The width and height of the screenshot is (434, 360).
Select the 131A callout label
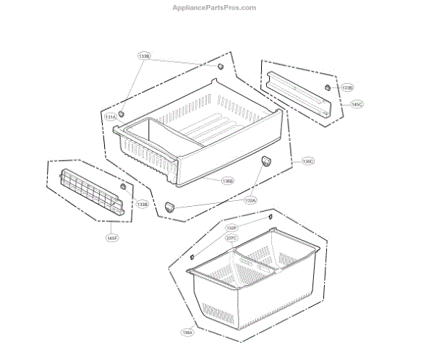[x=111, y=117]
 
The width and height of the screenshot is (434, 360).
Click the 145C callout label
[x=357, y=105]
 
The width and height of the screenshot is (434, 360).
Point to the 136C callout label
[x=308, y=161]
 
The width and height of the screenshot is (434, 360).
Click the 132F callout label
[x=231, y=228]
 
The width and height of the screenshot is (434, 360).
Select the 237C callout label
[x=231, y=237]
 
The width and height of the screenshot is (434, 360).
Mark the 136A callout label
[x=187, y=333]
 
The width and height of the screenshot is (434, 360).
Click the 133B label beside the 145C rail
[x=347, y=88]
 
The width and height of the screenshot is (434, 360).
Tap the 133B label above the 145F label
[x=142, y=205]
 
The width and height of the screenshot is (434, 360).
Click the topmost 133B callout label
[x=144, y=55]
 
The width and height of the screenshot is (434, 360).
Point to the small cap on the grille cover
[x=123, y=187]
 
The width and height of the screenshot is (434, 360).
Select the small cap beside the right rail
[x=327, y=86]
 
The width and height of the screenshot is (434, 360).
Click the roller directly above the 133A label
[x=264, y=160]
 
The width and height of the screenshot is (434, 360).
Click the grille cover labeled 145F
[x=90, y=191]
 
